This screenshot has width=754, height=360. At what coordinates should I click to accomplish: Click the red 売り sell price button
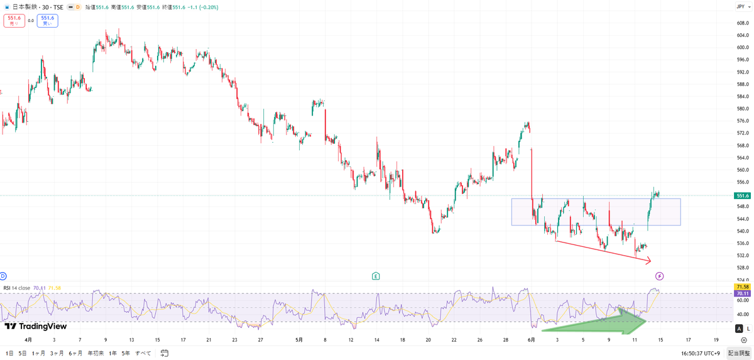[14, 21]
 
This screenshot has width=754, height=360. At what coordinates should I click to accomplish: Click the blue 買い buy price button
[48, 21]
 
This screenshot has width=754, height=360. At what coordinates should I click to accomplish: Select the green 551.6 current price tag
[742, 196]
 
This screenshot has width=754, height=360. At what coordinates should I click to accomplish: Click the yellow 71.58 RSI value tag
[742, 287]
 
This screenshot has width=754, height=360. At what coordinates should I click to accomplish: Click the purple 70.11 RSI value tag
[742, 293]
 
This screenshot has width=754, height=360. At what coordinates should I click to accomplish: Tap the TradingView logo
[36, 326]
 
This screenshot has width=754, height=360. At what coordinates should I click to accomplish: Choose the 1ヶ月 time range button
[38, 353]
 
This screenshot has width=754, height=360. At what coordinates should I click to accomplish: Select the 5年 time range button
[126, 353]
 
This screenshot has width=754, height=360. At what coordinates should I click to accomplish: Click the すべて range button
[143, 353]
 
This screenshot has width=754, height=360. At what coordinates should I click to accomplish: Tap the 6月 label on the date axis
[531, 340]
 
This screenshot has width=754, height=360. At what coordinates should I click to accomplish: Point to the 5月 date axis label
[299, 340]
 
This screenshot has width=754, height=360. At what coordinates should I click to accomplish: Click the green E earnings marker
[376, 276]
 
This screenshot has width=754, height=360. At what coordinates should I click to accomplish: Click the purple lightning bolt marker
[659, 276]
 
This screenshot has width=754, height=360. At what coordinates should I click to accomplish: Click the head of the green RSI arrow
[645, 321]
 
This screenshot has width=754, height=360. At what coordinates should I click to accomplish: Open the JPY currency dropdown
[743, 7]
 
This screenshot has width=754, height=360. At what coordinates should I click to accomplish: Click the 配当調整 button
[739, 353]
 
